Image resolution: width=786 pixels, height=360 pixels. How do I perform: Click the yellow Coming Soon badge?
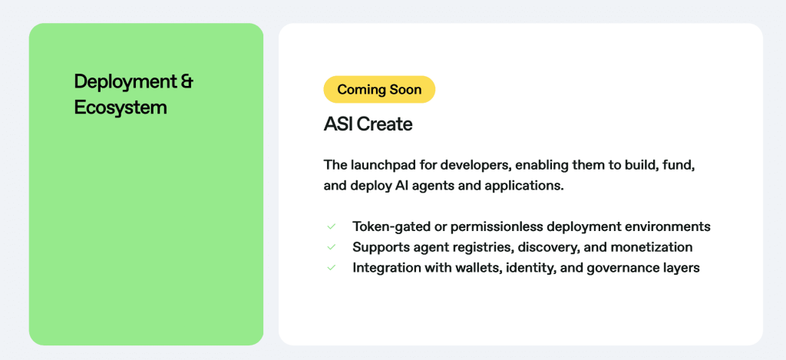click(x=379, y=89)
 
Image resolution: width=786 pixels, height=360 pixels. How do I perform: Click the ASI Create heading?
click(x=368, y=124)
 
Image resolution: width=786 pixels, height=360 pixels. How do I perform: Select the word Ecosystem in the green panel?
click(x=121, y=107)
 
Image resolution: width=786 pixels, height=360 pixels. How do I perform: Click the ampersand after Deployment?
click(x=187, y=81)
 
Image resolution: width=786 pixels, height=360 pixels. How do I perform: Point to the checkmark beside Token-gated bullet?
click(x=331, y=226)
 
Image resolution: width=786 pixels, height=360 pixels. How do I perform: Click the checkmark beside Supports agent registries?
click(x=331, y=247)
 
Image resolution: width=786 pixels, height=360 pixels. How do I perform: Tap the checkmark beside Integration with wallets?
click(x=331, y=268)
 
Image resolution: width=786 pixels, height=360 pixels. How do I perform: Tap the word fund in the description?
click(x=681, y=165)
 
